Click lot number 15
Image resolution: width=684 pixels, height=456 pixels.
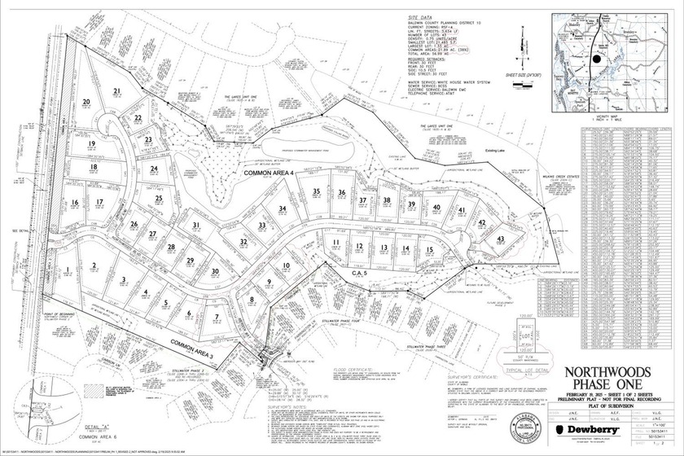click(x=429, y=249)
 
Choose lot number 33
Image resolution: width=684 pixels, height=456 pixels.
click(x=261, y=225)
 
